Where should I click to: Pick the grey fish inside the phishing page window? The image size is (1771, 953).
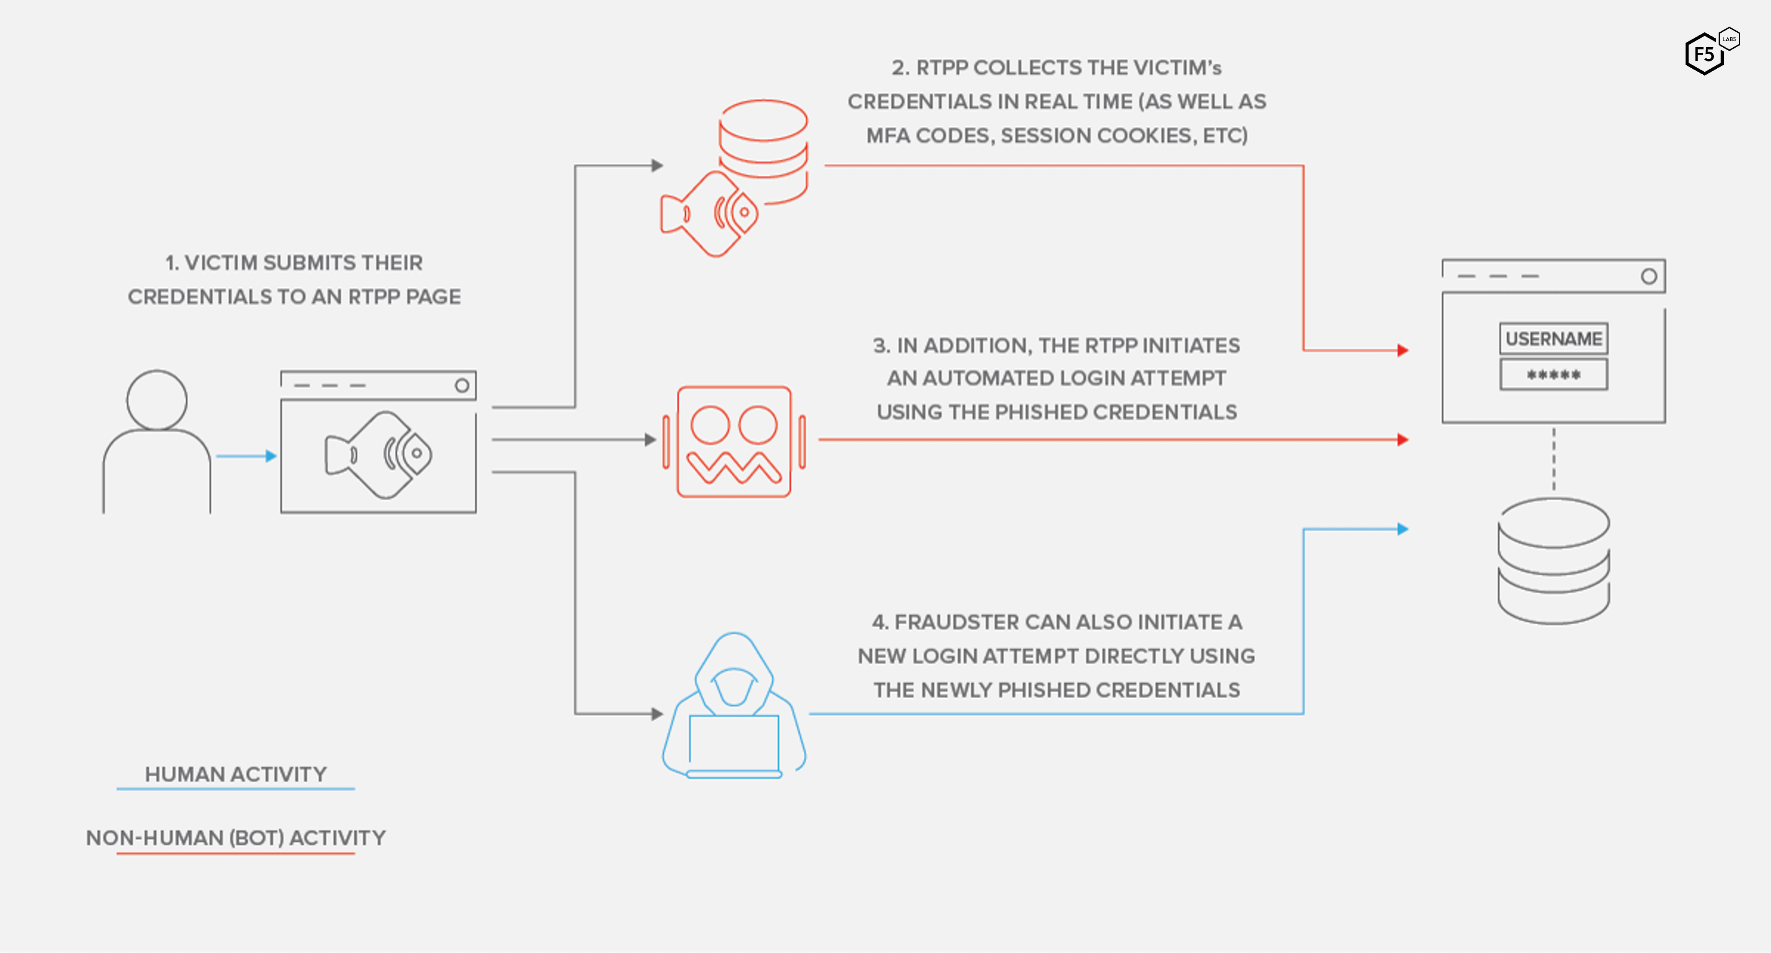(379, 454)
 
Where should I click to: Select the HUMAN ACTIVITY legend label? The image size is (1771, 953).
(235, 774)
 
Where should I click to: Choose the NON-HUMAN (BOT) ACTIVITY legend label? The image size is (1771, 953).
(235, 837)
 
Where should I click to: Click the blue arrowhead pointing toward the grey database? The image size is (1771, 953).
(1403, 529)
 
